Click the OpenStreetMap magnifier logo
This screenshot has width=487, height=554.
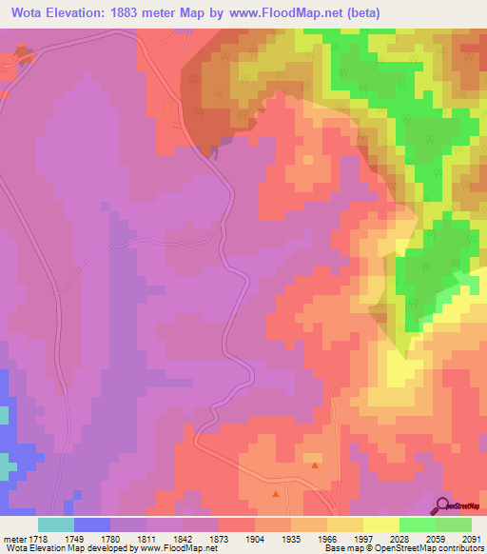(443, 505)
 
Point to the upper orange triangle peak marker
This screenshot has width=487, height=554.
(315, 466)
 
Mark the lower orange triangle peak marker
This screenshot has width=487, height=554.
(276, 494)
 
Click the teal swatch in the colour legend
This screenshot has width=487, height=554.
(55, 524)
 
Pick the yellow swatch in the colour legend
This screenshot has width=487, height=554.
(381, 524)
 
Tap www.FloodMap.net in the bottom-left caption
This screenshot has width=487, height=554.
(179, 549)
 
